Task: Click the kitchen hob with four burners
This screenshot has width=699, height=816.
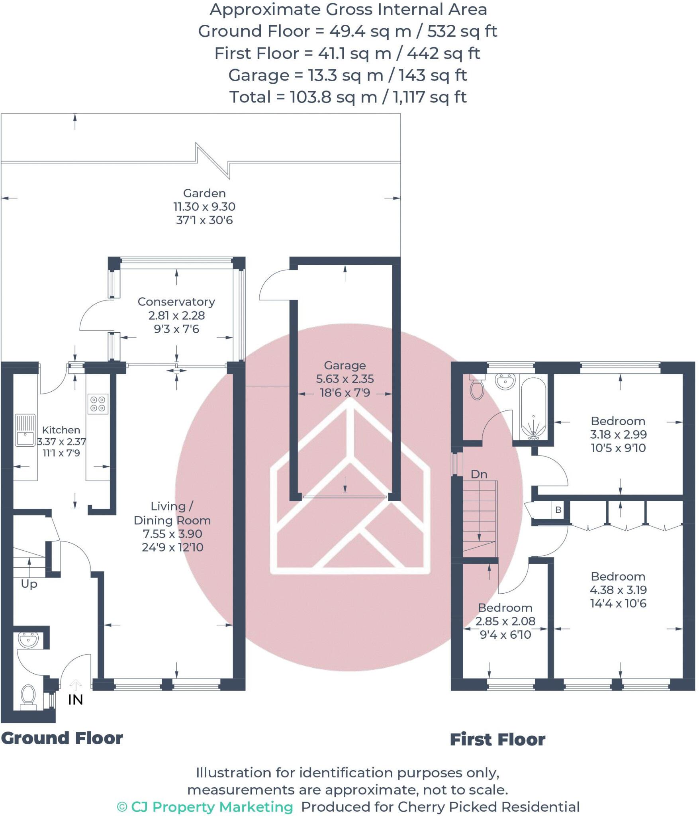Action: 98,403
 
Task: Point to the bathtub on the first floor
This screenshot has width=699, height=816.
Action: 533,408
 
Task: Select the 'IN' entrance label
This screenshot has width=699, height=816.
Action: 75,700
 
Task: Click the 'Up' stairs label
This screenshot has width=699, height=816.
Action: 29,584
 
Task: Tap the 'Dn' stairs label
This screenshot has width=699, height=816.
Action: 479,474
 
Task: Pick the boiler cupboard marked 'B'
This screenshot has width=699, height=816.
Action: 558,510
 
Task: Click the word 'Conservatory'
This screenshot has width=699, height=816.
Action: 176,302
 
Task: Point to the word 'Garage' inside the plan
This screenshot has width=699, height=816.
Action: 345,365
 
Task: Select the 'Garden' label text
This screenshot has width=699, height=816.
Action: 204,193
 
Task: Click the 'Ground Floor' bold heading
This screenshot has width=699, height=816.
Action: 62,738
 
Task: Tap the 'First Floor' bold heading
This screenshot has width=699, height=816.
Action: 497,740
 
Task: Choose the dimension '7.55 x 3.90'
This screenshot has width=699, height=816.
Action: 172,534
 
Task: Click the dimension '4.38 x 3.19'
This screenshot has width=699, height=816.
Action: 618,590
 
